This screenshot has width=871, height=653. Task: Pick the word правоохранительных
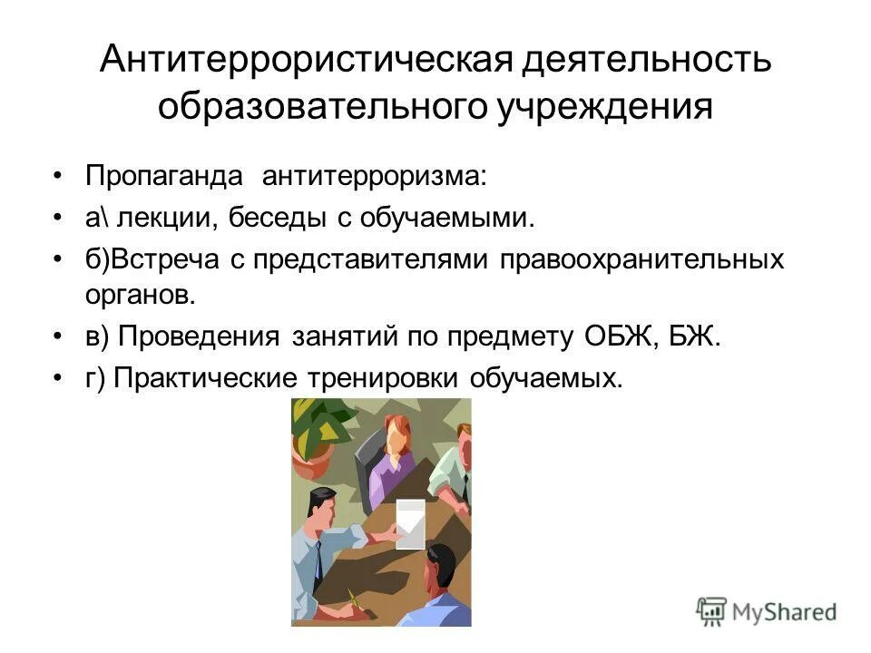click(640, 260)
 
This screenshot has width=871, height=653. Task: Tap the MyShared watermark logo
click(767, 610)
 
